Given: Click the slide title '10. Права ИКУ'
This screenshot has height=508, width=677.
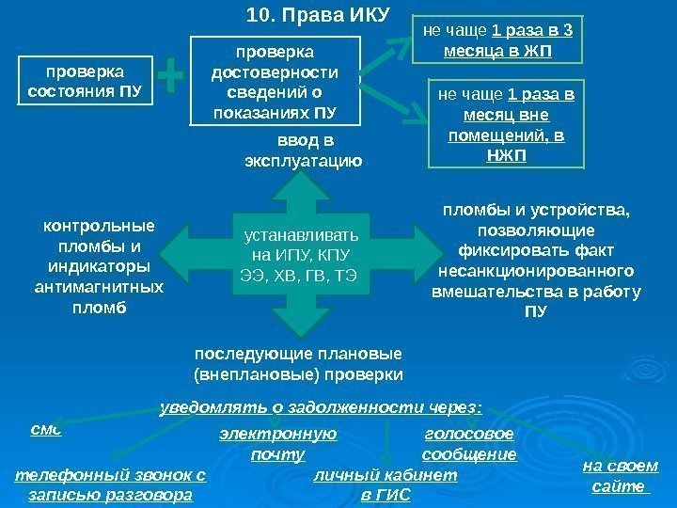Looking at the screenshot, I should tap(310, 16).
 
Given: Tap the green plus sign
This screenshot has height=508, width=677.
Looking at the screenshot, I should tap(171, 78).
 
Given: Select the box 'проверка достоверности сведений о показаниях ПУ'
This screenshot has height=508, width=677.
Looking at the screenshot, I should tap(276, 81).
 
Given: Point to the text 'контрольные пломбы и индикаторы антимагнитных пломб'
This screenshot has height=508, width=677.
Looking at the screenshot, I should tap(99, 266).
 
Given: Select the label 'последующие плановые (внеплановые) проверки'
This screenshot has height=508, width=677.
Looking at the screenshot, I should tap(298, 364).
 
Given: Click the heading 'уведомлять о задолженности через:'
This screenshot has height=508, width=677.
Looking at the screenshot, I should tap(321, 407).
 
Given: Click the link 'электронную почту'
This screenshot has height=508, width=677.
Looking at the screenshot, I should tap(277, 444).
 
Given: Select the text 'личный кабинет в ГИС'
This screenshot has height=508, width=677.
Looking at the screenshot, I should tap(386, 485).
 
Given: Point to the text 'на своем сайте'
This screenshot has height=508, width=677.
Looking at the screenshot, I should tap(621, 477).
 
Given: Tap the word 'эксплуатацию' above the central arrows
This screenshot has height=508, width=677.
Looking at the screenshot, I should tap(303, 161).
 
